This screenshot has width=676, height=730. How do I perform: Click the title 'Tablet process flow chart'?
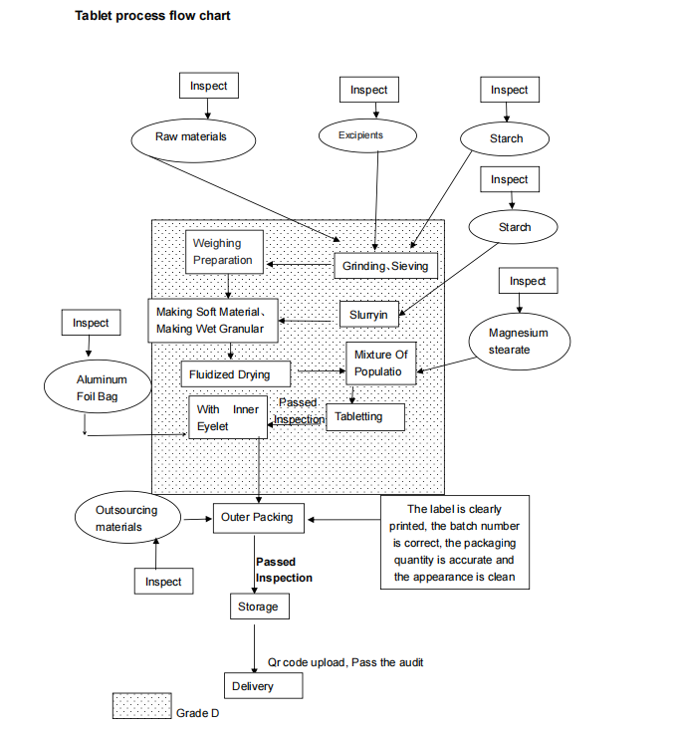coord(152,16)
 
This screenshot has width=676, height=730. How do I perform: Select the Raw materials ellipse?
coord(191,136)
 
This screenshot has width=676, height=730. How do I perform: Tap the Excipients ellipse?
coord(359,135)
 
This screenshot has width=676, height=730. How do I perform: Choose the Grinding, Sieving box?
coord(385,266)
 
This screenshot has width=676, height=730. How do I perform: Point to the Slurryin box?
coord(368,315)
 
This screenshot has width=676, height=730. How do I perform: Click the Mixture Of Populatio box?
coord(379,364)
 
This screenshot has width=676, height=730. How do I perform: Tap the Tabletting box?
coord(365,417)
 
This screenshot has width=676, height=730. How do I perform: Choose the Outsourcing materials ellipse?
coord(125,518)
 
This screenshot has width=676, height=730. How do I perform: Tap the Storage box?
coord(258,607)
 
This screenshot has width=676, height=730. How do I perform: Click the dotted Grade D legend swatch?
coord(141,706)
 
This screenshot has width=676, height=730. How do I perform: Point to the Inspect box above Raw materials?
coord(208,86)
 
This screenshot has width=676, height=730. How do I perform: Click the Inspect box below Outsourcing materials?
coord(163,581)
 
